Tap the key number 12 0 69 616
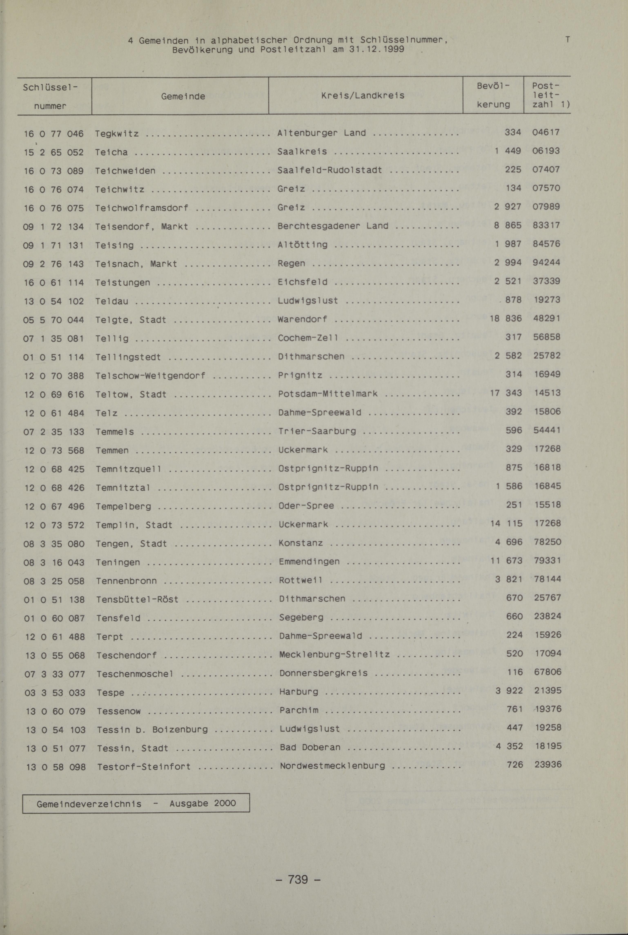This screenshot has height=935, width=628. (54, 394)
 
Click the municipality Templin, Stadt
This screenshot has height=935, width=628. (134, 525)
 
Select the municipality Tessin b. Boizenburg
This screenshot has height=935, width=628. (152, 730)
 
